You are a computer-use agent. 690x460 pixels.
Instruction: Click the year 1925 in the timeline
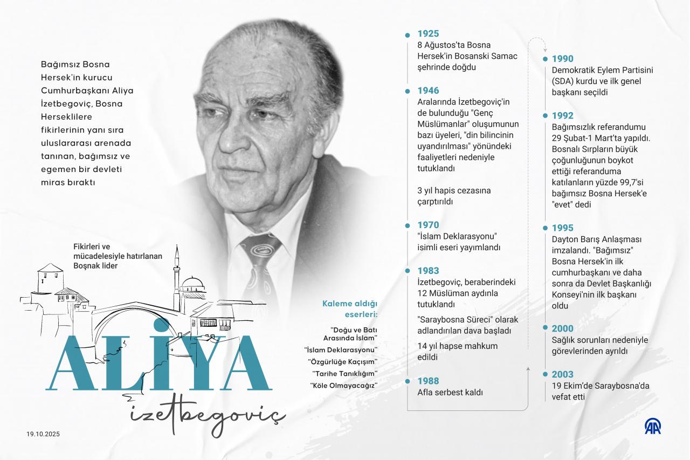(428, 34)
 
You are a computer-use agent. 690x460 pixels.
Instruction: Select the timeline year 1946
(428, 91)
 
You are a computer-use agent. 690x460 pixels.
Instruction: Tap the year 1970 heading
(428, 225)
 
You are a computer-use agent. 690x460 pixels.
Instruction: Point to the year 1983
(428, 271)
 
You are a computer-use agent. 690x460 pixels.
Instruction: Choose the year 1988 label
(428, 381)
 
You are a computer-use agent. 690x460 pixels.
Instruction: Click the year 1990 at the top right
(562, 59)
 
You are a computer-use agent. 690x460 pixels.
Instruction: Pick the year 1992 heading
(562, 115)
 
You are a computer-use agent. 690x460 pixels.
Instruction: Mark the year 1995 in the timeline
(562, 228)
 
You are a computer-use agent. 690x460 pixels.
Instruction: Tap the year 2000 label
(562, 328)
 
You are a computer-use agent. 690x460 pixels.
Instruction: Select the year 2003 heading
(562, 374)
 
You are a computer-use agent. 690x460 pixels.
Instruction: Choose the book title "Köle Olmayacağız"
(343, 385)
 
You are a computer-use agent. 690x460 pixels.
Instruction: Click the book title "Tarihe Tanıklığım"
(344, 373)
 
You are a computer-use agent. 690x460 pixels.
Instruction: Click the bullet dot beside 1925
(408, 35)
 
